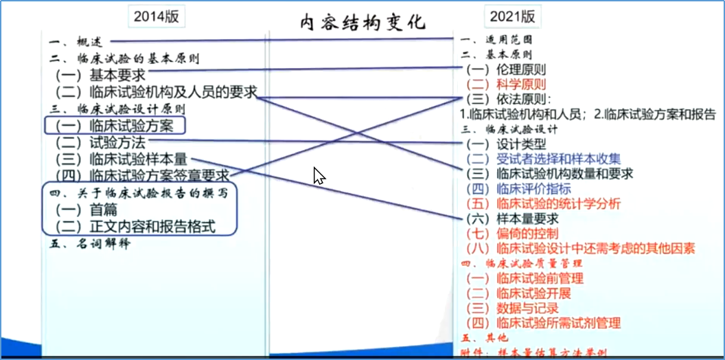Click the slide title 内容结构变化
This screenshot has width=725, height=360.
[363, 22]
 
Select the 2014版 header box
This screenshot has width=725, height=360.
[156, 17]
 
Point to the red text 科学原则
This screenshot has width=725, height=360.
[520, 85]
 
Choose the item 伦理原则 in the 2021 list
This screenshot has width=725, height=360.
[520, 69]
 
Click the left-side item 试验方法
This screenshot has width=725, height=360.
[117, 142]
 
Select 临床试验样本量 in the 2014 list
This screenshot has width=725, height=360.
[138, 159]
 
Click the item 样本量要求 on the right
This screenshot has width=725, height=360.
[527, 218]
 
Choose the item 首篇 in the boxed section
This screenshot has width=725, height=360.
[104, 210]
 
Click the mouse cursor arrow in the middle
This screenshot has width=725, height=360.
[318, 175]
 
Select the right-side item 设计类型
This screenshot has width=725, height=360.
[520, 144]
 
